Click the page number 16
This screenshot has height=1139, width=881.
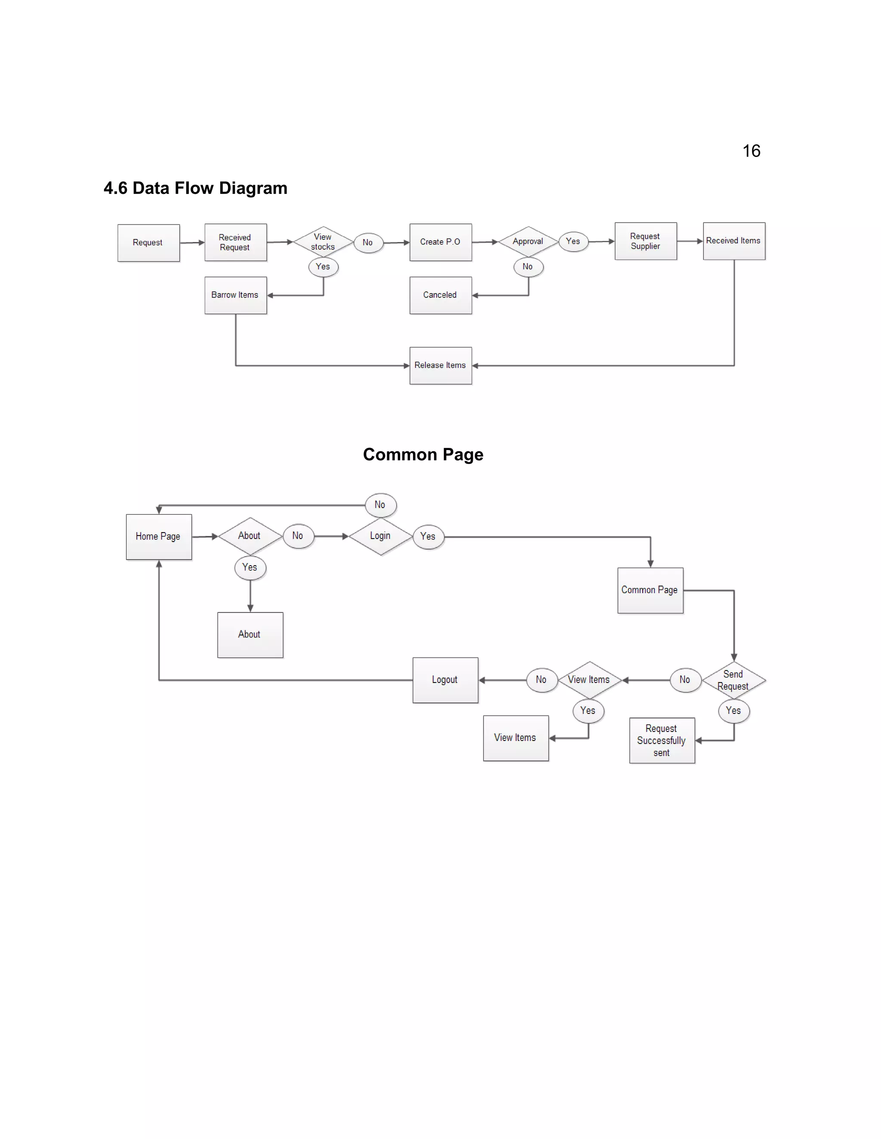point(751,151)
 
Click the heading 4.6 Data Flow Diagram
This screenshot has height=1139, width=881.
point(195,188)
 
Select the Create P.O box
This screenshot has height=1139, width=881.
point(440,242)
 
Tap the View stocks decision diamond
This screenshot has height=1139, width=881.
point(323,242)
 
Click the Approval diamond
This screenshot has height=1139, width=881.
point(528,242)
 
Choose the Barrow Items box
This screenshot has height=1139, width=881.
point(235,295)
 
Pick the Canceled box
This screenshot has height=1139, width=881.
point(440,295)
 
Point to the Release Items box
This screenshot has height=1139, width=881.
point(440,366)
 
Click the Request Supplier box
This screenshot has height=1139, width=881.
point(645,241)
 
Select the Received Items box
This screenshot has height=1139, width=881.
point(733,241)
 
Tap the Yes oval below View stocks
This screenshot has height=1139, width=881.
point(323,267)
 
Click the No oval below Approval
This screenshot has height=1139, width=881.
point(528,267)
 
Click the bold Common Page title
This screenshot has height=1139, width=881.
point(423,455)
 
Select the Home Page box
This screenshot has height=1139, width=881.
point(158,537)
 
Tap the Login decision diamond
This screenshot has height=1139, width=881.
point(380,536)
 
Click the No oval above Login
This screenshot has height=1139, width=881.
point(380,505)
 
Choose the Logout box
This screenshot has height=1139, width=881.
point(445,680)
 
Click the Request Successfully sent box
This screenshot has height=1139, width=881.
point(661,741)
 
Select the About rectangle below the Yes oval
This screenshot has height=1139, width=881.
point(250,635)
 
